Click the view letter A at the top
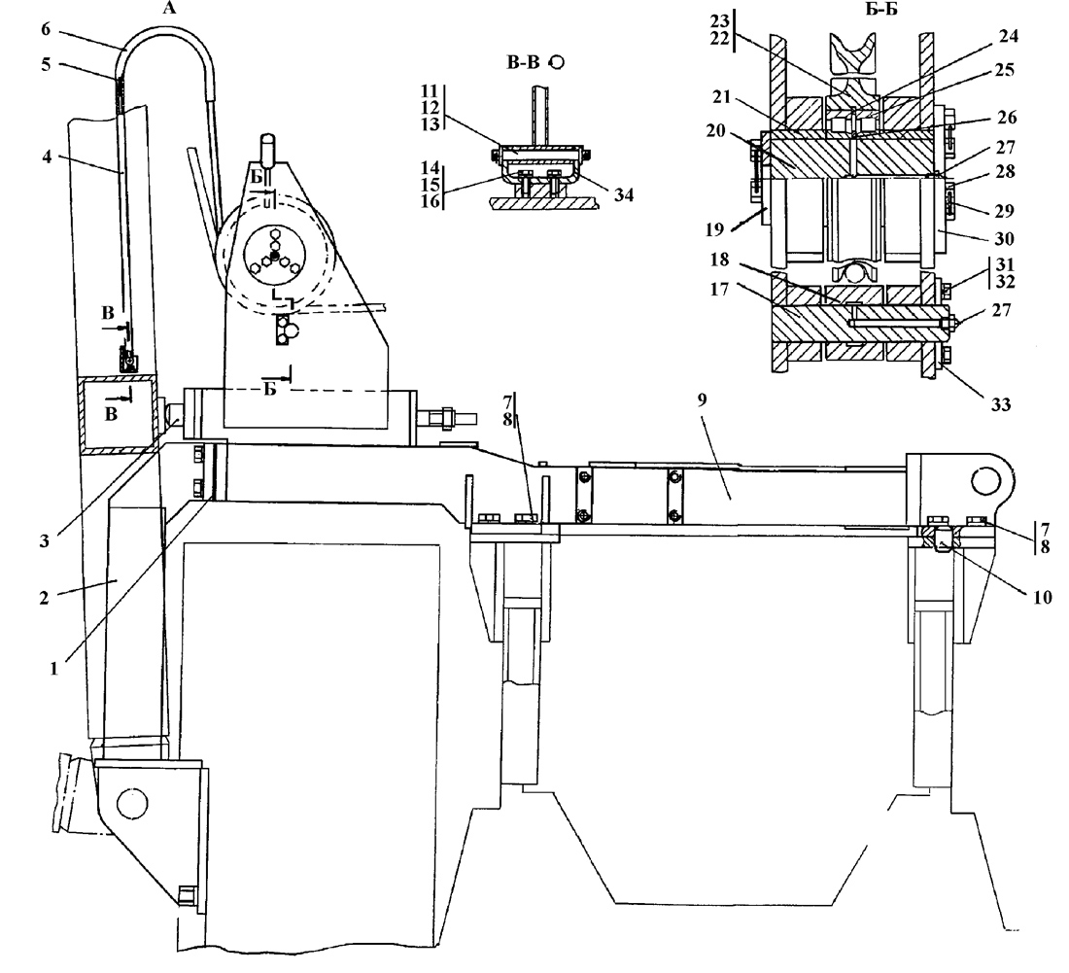pyautogui.click(x=170, y=8)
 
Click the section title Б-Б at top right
pyautogui.click(x=882, y=10)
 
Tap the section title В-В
pyautogui.click(x=523, y=63)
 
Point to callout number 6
pyautogui.click(x=46, y=28)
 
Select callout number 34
pyautogui.click(x=624, y=195)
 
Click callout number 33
pyautogui.click(x=1000, y=404)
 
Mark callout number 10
pyautogui.click(x=1043, y=597)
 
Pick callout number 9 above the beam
pyautogui.click(x=703, y=400)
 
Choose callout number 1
pyautogui.click(x=53, y=669)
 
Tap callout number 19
pyautogui.click(x=714, y=229)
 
